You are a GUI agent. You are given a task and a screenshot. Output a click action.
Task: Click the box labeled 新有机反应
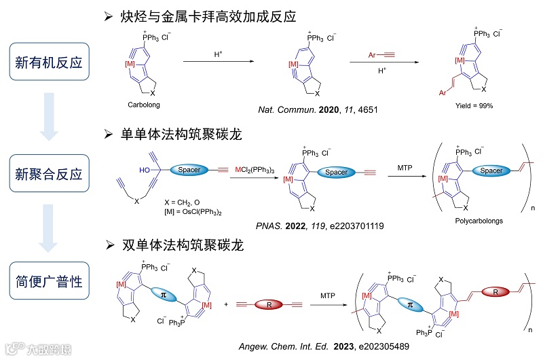coord(49,63)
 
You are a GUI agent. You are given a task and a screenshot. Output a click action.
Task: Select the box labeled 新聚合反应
coord(49,175)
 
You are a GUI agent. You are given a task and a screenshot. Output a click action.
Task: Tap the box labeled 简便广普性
coord(49,280)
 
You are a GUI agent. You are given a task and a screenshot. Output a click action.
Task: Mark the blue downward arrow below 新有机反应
coord(49,118)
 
